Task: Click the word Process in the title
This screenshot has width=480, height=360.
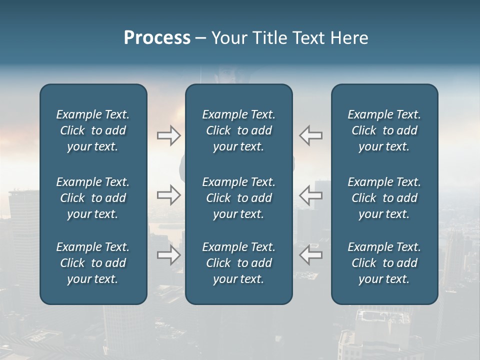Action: pos(157,38)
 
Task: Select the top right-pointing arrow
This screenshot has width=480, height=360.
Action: pos(169,135)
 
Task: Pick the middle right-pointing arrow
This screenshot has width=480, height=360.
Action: pos(169,195)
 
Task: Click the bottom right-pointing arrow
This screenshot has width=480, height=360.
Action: pos(169,254)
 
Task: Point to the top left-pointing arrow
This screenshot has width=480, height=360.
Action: pos(311,135)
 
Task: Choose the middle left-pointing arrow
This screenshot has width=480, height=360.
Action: pos(311,195)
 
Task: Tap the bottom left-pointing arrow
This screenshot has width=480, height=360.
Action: pos(311,254)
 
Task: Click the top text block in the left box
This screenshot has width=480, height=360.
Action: pos(93,130)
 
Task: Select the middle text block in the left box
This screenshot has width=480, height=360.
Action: pos(93,198)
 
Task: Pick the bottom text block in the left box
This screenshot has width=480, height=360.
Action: pos(93,263)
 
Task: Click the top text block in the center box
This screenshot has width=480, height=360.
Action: pos(239,130)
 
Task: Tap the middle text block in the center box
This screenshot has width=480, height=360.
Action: pos(239,198)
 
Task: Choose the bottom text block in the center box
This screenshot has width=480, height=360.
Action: pos(239,263)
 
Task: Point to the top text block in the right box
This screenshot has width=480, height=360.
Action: pos(384,130)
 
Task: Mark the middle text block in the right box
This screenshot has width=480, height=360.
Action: pos(384,198)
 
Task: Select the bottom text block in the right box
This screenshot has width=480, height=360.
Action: pos(384,263)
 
